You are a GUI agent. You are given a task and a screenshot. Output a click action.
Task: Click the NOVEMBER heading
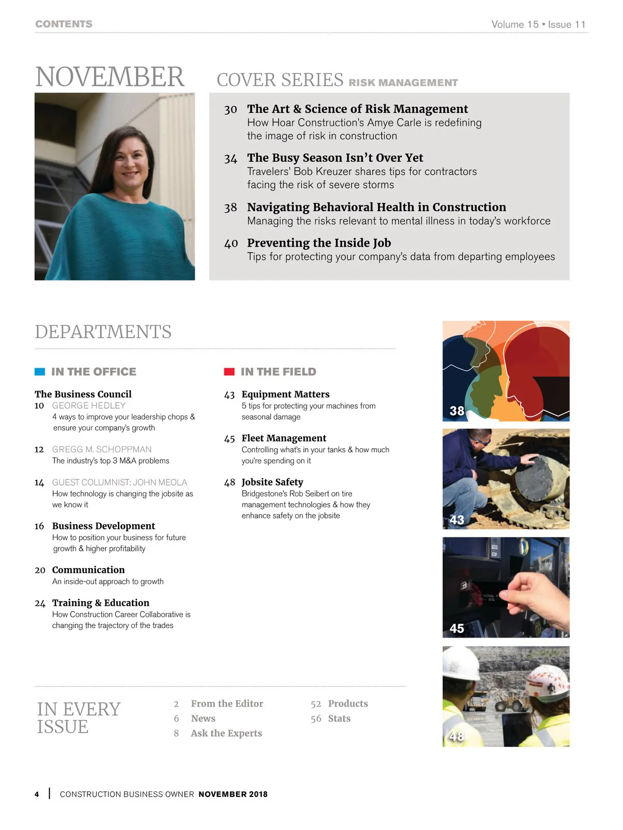110,77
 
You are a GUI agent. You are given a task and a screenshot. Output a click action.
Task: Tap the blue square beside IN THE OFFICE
39,371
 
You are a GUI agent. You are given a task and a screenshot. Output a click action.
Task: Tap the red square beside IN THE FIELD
229,371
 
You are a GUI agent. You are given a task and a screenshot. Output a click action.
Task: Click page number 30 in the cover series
231,109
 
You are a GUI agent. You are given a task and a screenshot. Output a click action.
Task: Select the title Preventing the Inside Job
319,243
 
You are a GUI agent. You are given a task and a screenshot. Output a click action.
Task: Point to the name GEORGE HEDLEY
89,406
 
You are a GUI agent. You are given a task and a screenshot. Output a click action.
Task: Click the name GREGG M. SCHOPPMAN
102,449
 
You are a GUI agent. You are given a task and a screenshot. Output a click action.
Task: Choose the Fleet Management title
283,438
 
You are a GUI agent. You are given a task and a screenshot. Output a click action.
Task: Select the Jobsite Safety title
272,482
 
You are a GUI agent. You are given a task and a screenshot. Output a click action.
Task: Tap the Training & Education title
101,603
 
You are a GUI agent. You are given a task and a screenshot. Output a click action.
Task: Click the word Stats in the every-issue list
339,718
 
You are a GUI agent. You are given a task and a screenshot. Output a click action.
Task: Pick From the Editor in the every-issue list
227,703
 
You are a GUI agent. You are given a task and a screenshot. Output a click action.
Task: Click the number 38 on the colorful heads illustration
457,411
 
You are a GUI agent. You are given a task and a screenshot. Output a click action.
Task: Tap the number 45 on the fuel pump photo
457,628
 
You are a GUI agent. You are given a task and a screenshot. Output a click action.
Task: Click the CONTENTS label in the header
64,24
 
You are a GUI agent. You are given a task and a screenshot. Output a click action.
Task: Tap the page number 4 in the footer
37,794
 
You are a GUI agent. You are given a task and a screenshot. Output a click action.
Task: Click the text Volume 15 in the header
515,24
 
